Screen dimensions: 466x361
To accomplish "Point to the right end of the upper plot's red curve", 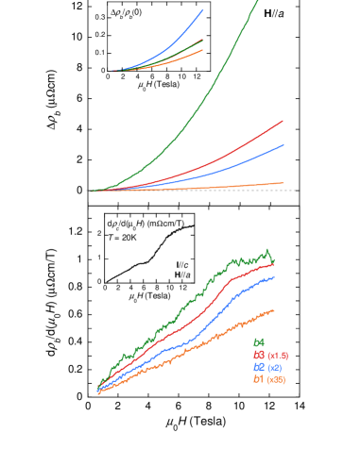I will pos(283,121).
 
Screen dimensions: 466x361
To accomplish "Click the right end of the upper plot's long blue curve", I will pos(284,145).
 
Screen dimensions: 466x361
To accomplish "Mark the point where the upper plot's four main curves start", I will pos(92,191).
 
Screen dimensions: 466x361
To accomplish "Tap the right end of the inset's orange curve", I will pos(202,50).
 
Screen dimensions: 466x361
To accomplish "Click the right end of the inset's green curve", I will pos(202,41).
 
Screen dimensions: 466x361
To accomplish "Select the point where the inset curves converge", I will pos(112,71).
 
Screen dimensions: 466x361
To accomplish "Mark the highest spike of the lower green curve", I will pos(267,250).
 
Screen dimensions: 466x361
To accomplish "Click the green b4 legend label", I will pos(258,342).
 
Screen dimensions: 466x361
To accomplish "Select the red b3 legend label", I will pos(258,355).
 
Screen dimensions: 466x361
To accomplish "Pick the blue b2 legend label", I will pos(258,367).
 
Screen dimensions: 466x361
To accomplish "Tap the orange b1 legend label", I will pos(258,379).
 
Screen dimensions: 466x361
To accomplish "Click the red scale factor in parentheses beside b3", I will pos(278,356).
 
